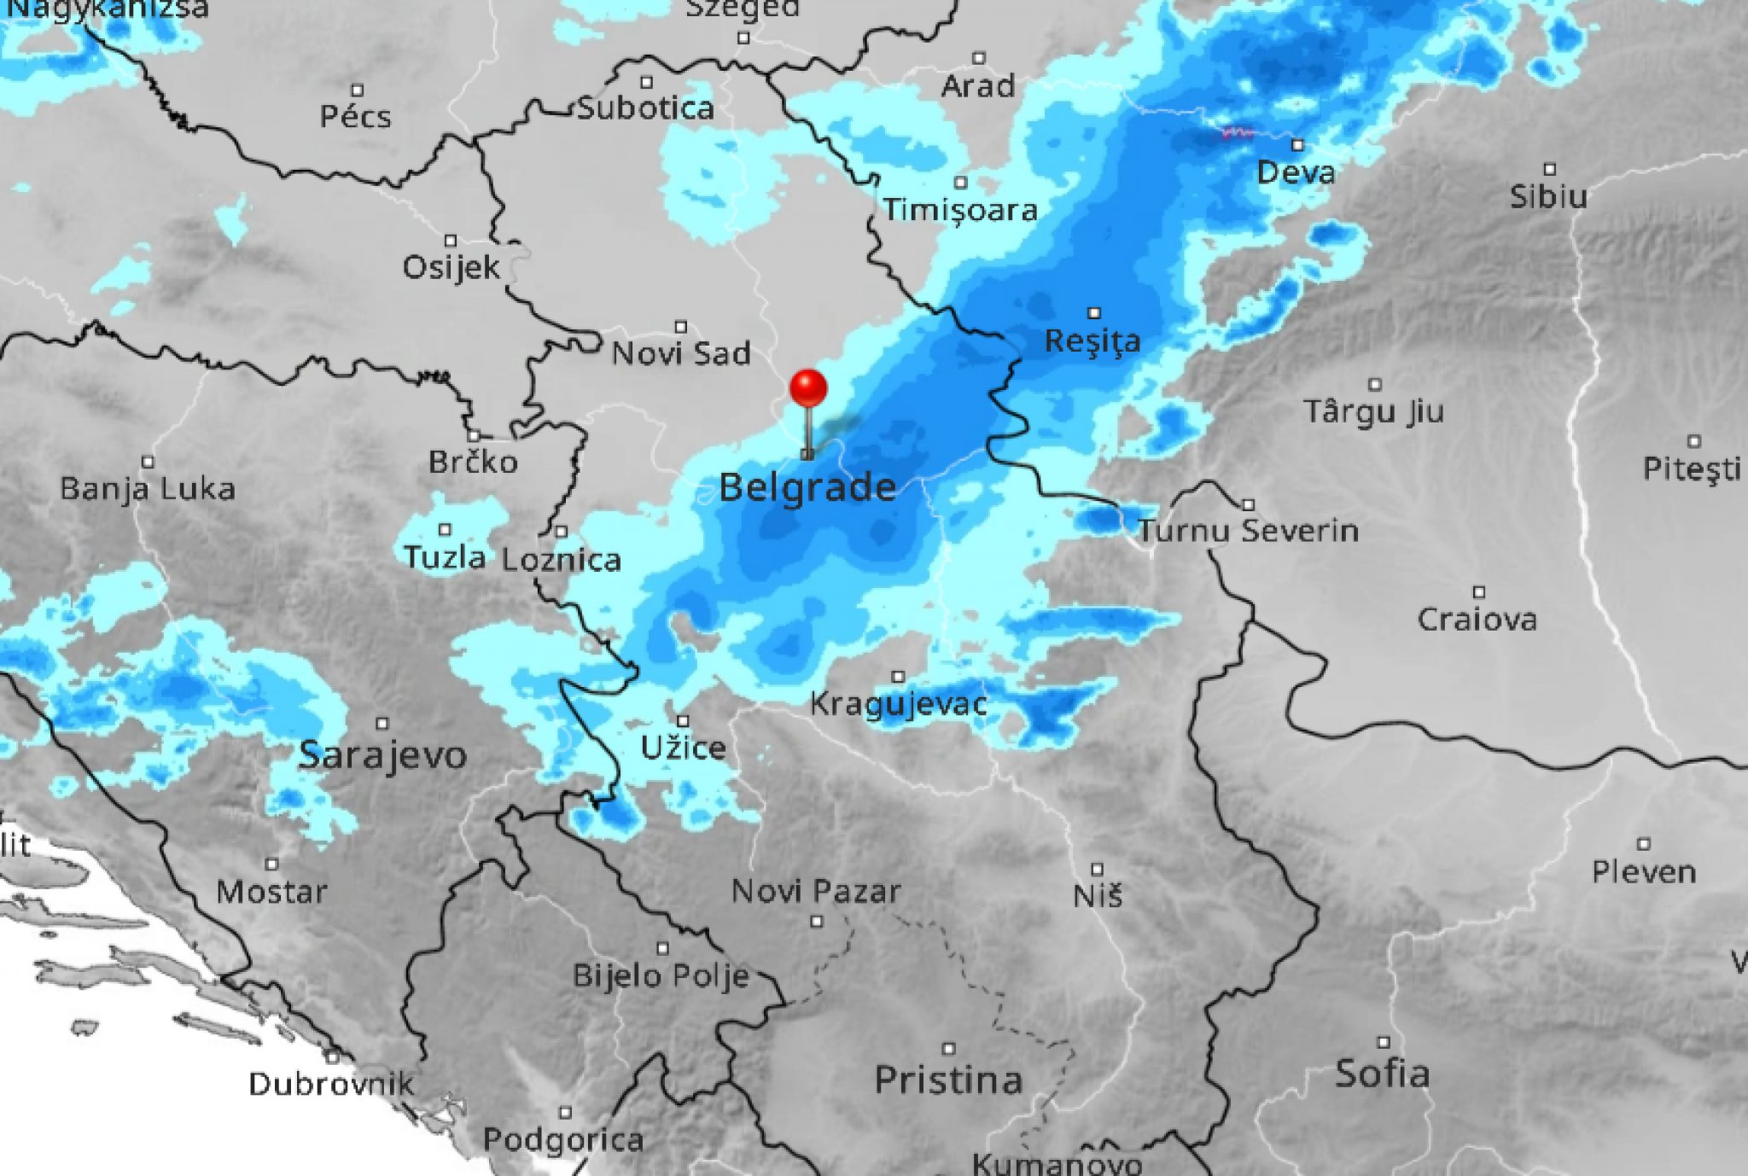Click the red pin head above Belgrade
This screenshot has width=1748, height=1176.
click(808, 387)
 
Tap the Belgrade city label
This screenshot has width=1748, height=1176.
click(807, 488)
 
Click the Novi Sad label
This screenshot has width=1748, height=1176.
click(681, 353)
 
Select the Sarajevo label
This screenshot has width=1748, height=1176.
click(382, 755)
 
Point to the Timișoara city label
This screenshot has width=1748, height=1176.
click(960, 210)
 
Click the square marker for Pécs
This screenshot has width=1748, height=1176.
click(358, 90)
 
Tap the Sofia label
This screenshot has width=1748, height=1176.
click(1382, 1074)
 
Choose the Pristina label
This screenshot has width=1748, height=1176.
click(948, 1080)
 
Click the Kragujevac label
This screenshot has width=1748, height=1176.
click(898, 704)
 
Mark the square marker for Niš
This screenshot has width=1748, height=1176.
click(1098, 870)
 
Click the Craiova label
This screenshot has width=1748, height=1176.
click(1477, 620)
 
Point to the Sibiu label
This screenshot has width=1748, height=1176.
click(1548, 197)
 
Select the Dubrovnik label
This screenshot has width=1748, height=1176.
click(331, 1085)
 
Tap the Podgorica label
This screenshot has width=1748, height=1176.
click(563, 1140)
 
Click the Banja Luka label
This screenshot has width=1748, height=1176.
click(148, 489)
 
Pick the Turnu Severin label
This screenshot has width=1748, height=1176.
click(1248, 531)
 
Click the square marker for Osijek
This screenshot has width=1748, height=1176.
click(451, 241)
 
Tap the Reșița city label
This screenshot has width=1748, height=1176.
click(1092, 341)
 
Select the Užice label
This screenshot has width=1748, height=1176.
click(683, 748)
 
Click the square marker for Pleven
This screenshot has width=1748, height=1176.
click(1644, 844)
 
